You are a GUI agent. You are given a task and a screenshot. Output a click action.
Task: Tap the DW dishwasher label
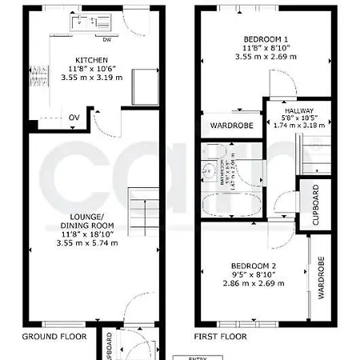106,39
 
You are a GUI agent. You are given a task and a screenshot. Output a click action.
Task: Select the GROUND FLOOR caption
54,337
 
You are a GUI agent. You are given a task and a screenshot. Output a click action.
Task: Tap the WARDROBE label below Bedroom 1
231,126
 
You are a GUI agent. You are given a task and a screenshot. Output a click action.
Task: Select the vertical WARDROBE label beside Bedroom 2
320,277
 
